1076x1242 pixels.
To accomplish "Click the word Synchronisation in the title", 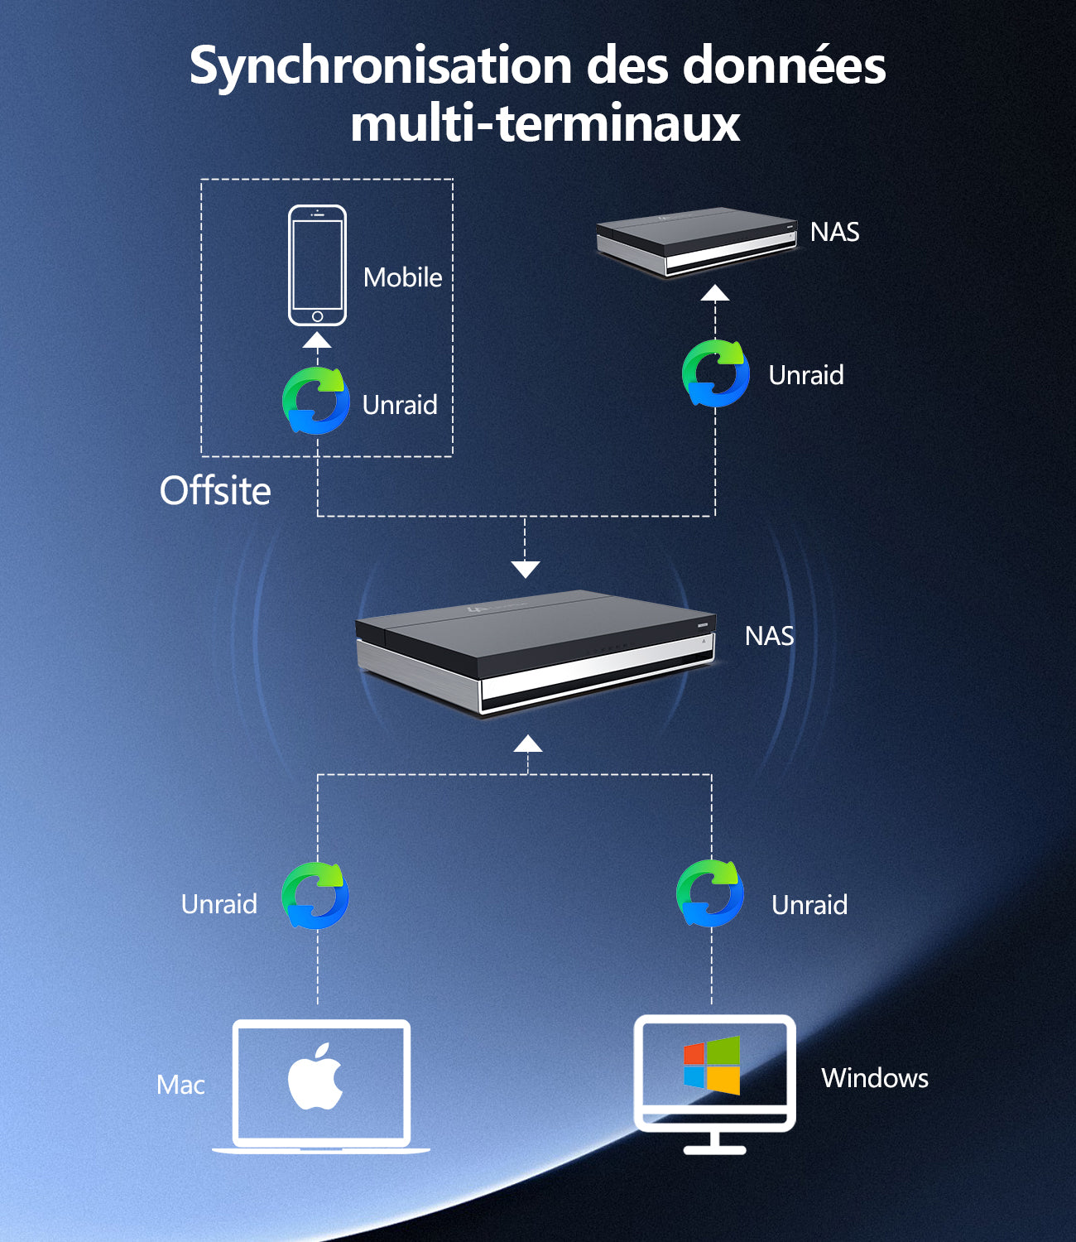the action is (x=380, y=67).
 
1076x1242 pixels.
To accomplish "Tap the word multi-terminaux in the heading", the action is (x=545, y=123).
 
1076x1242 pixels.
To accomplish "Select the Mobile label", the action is (x=402, y=277).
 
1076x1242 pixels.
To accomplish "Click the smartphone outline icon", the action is (x=317, y=265).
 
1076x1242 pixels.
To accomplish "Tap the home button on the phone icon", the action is (x=317, y=316).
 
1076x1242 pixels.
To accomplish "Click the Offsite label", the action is (x=215, y=491).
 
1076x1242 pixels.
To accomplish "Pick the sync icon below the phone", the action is (x=316, y=400).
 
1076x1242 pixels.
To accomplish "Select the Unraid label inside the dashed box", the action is (x=400, y=405).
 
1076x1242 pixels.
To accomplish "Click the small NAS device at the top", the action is (x=697, y=242).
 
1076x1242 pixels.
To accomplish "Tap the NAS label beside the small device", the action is (x=834, y=232).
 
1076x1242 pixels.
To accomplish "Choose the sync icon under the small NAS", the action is (x=715, y=373).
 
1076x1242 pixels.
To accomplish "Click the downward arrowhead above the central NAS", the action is (x=525, y=570).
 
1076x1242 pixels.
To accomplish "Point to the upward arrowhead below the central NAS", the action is (x=528, y=744).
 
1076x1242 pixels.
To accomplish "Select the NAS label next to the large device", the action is (x=769, y=636).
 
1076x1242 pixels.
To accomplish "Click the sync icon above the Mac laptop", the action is (x=315, y=895).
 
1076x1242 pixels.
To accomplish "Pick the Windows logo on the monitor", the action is (x=712, y=1066).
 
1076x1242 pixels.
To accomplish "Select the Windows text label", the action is (x=875, y=1078).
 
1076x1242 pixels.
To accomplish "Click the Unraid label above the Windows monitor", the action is (x=809, y=905).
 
